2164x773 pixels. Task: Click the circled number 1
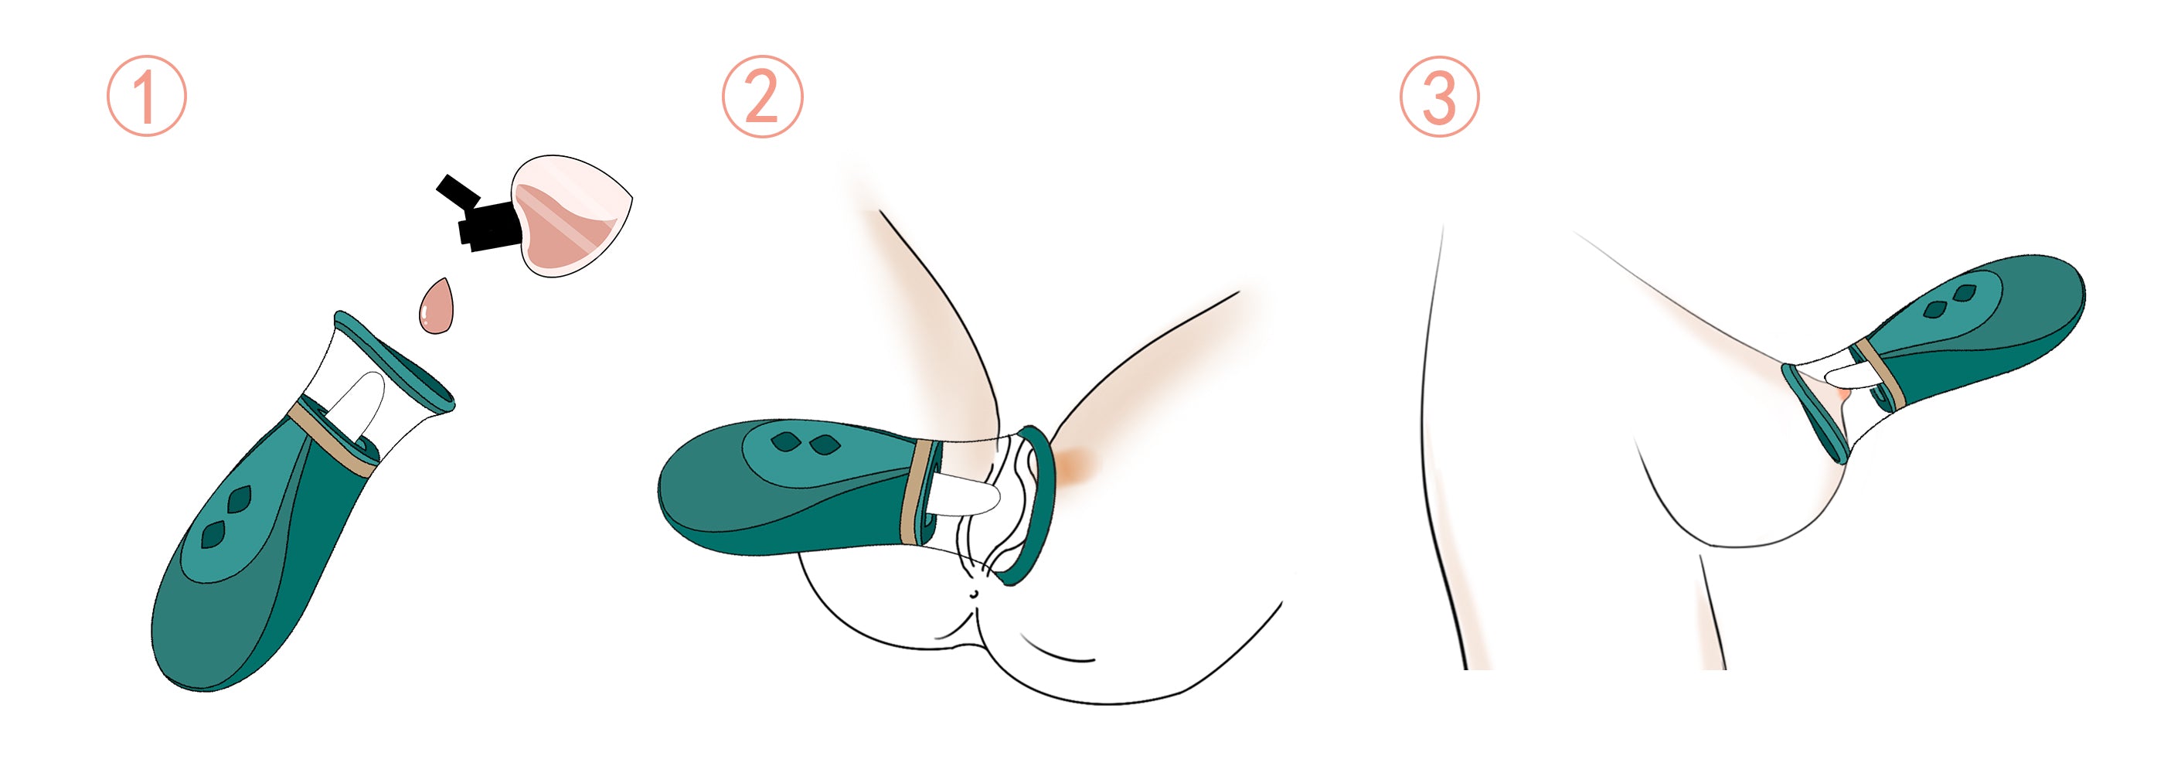point(146,96)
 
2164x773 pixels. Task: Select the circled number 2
point(762,96)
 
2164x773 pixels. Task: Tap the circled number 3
point(1439,96)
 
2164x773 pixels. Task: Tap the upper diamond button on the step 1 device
point(240,500)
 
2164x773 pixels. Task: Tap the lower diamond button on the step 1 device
point(213,534)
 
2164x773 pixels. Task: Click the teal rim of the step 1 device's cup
point(395,359)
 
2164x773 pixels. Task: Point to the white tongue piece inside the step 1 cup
point(360,403)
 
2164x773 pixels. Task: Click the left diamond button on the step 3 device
point(1933,310)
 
